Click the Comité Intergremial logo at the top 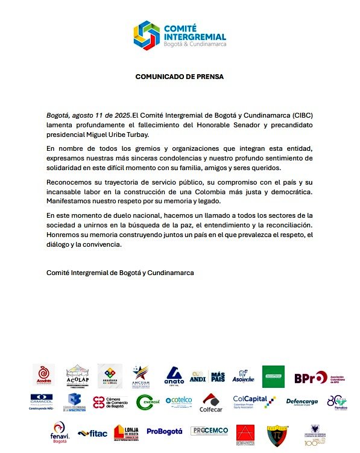pos(179,34)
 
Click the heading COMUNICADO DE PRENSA pos(179,77)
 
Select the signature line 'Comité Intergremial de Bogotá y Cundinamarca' pos(120,273)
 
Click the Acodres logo pos(44,376)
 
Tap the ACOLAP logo pos(77,376)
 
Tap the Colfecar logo pos(210,403)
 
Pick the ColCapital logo pos(254,401)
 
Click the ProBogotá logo pos(164,432)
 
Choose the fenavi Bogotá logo pos(59,432)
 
